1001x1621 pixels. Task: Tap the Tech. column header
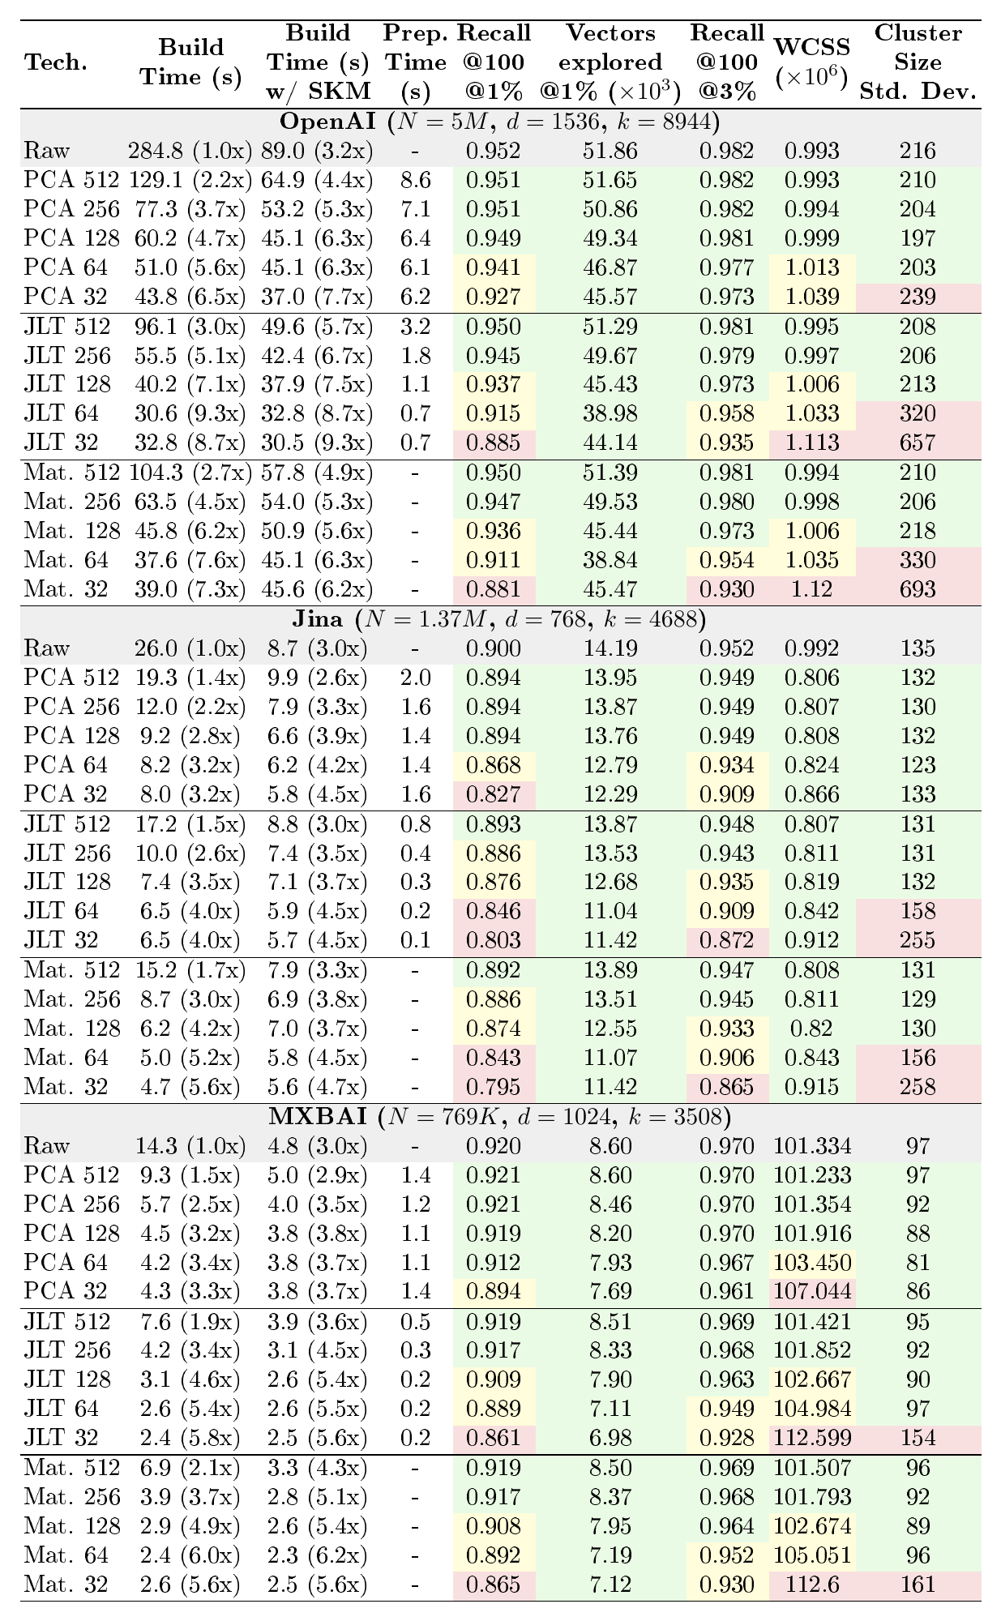tap(56, 62)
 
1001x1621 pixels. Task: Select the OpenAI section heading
tap(499, 122)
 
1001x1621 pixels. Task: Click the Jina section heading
tap(499, 620)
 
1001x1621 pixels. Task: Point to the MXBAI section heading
tap(499, 1118)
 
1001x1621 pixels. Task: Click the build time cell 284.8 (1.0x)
tap(186, 152)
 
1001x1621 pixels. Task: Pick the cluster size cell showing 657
tap(918, 443)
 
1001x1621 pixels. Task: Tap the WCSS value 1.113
tap(812, 443)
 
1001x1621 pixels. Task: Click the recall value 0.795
tap(494, 1087)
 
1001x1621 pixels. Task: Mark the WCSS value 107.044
tap(812, 1291)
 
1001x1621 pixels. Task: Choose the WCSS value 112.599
tap(812, 1437)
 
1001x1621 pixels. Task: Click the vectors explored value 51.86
tap(610, 152)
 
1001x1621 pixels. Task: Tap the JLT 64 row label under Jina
tap(62, 912)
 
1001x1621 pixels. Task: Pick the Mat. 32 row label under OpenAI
tap(66, 589)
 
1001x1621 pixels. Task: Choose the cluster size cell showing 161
tap(918, 1583)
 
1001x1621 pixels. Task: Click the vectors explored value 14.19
tap(610, 649)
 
